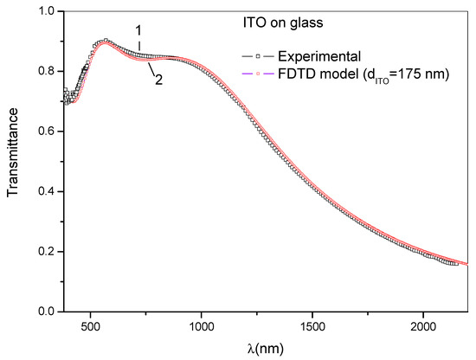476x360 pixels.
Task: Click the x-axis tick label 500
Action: click(91, 327)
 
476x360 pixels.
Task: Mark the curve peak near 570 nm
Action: click(106, 41)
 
